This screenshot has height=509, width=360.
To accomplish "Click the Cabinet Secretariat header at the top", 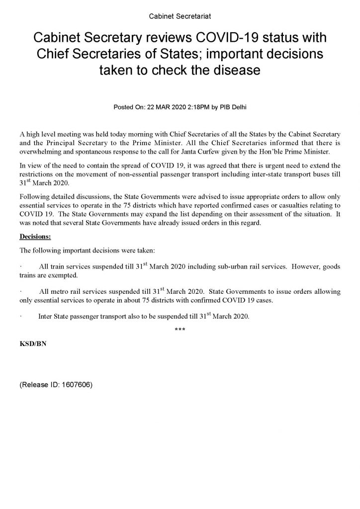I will pos(180,17).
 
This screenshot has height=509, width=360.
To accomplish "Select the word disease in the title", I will pos(232,70).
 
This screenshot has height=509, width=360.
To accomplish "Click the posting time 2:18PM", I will pos(196,106).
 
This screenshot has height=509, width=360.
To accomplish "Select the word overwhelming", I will pos(38,151).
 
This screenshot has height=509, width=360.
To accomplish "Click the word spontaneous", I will pos(86,151).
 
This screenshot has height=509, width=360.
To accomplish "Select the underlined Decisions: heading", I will pos(35,235).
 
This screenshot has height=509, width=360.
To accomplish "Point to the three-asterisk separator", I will pos(180,331).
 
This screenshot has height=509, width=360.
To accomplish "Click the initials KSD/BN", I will pos(32,343).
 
